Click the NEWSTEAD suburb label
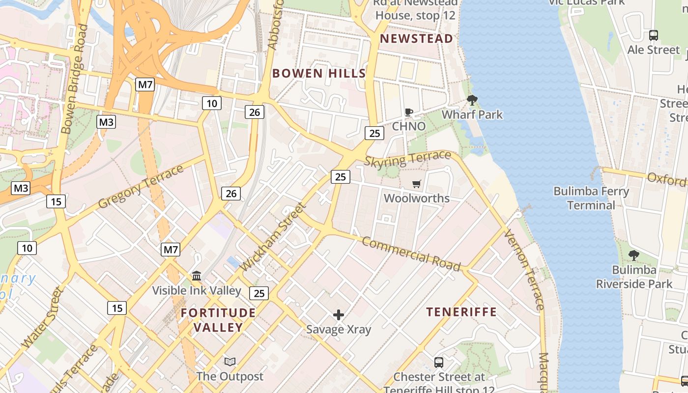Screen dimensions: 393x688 coord(417,39)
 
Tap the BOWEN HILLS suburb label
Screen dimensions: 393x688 coord(319,74)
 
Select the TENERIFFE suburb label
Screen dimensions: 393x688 coord(461,312)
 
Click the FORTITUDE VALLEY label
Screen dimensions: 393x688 coord(218,320)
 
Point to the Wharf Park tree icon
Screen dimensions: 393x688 coord(472,101)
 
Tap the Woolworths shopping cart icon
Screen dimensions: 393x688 coord(417,184)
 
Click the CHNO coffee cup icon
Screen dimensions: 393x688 coord(408,112)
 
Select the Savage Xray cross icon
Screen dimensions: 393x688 coord(339,315)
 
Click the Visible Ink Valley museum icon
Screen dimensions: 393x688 coord(197,276)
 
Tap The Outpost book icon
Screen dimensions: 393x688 coord(229,362)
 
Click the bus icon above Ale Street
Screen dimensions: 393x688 coord(653,35)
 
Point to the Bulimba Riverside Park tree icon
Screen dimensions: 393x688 coord(634,255)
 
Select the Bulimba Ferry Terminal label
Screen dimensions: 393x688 coord(591,198)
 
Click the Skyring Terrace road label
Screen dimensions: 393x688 coord(407,159)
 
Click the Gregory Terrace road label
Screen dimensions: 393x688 coord(141,187)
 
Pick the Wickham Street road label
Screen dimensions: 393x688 coord(274,236)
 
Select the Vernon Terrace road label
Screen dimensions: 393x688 coord(524,270)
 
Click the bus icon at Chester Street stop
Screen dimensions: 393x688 coord(439,363)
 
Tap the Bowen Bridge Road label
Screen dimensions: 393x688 coord(74,79)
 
